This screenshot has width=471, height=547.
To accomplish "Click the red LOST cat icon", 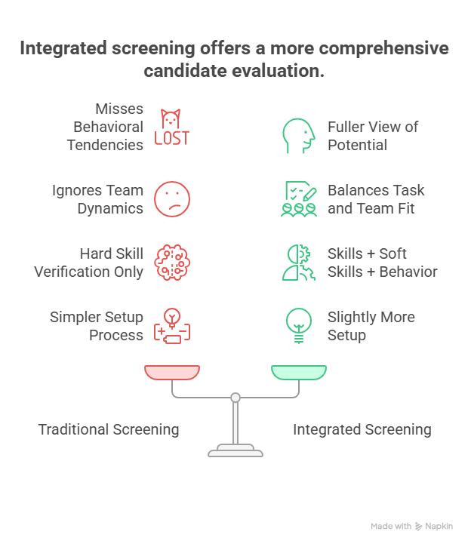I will [172, 127].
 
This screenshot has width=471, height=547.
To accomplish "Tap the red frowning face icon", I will [172, 199].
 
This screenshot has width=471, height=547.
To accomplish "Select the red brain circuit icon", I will [172, 262].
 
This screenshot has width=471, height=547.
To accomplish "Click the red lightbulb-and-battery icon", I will [172, 325].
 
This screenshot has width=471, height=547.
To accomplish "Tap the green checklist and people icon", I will [298, 199].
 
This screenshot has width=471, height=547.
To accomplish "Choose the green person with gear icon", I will [298, 262].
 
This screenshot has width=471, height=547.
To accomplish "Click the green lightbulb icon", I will [298, 325].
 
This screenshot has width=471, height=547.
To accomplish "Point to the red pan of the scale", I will [172, 372].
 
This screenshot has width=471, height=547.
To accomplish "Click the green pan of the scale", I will [299, 372].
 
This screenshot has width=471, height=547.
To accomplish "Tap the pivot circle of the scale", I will [235, 397].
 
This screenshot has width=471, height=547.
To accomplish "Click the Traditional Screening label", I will [109, 429].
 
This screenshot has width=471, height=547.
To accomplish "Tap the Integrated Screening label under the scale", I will [362, 429].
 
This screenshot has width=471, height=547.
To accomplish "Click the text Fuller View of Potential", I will [372, 136].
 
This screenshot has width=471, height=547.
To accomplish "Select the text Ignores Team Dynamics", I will [97, 199].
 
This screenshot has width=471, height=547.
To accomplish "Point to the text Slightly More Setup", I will [371, 325].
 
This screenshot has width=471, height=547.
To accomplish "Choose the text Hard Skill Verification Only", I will [89, 262].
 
